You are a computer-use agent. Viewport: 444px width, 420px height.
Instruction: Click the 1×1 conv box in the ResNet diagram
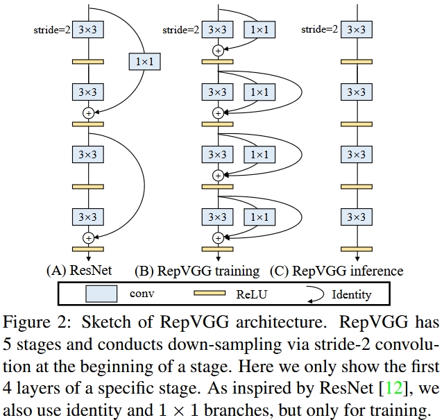[x=145, y=62]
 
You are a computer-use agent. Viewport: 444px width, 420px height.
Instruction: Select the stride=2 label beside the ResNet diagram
[x=52, y=30]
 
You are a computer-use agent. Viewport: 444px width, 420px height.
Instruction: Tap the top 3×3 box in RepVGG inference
[x=357, y=29]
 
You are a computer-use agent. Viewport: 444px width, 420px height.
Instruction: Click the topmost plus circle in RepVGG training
[x=218, y=51]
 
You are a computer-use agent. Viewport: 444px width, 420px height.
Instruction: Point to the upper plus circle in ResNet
[x=88, y=113]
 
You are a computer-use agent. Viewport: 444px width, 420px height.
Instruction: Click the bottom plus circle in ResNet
[x=88, y=238]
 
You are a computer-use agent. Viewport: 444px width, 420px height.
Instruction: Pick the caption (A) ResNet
[x=79, y=270]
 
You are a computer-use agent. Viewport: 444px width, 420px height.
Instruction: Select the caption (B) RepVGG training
[x=197, y=271]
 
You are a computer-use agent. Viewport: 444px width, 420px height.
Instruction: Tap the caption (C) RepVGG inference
[x=336, y=271]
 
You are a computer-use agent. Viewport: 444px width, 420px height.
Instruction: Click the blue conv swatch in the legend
[x=101, y=294]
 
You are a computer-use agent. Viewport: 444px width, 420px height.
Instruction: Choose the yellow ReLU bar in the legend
[x=210, y=293]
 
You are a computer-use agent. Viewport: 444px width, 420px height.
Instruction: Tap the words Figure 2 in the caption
[x=36, y=323]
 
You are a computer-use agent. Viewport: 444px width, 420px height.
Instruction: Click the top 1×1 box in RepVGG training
[x=259, y=29]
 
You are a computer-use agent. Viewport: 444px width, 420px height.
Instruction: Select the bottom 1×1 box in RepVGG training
[x=259, y=217]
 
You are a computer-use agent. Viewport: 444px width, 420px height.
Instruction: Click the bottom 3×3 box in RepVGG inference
[x=357, y=217]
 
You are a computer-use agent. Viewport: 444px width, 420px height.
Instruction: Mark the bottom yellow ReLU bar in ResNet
[x=88, y=249]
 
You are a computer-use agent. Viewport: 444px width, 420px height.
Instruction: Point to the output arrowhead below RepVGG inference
[x=357, y=259]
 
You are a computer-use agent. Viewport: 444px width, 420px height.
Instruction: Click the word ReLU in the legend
[x=252, y=294]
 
